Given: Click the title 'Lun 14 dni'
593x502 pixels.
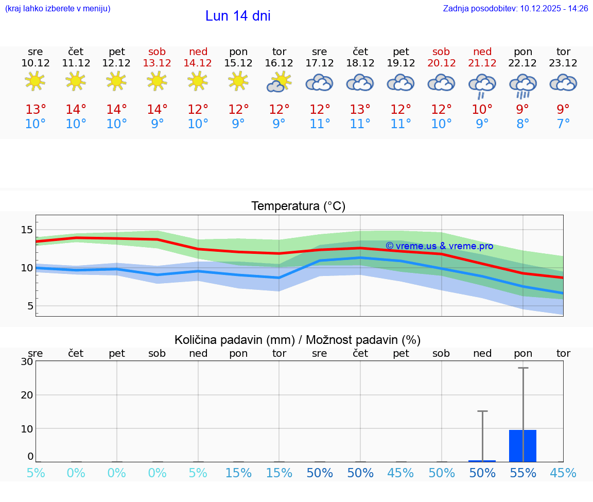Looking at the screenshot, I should (x=238, y=16).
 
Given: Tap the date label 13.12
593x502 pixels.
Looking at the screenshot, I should (x=157, y=63).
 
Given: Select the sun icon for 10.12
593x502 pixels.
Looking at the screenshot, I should (x=35, y=81).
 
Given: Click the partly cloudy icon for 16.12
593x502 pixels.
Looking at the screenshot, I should (x=279, y=82).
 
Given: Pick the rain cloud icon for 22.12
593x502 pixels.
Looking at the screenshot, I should (x=523, y=85).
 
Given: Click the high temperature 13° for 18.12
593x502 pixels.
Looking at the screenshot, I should (x=360, y=109).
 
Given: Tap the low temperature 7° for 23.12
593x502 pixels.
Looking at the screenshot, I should (x=563, y=124).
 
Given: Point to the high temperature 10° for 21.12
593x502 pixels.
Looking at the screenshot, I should (x=482, y=109).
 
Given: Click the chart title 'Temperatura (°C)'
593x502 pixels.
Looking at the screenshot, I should (x=298, y=206).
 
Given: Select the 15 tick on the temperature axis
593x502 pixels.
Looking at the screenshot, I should (x=27, y=230).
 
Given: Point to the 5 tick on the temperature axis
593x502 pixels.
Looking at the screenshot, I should (x=30, y=306).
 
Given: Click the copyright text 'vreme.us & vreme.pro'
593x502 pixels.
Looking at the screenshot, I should (x=440, y=246).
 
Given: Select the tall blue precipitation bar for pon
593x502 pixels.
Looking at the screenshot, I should (x=522, y=446).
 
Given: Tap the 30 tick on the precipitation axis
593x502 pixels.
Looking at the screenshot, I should (x=27, y=361).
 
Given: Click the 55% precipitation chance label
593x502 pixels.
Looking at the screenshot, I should (x=522, y=473).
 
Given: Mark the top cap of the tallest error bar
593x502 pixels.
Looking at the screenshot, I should (x=523, y=368).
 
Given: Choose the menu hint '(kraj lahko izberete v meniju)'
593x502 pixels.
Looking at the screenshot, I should (x=58, y=8).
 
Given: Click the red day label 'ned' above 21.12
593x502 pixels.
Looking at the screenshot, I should (x=482, y=51).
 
